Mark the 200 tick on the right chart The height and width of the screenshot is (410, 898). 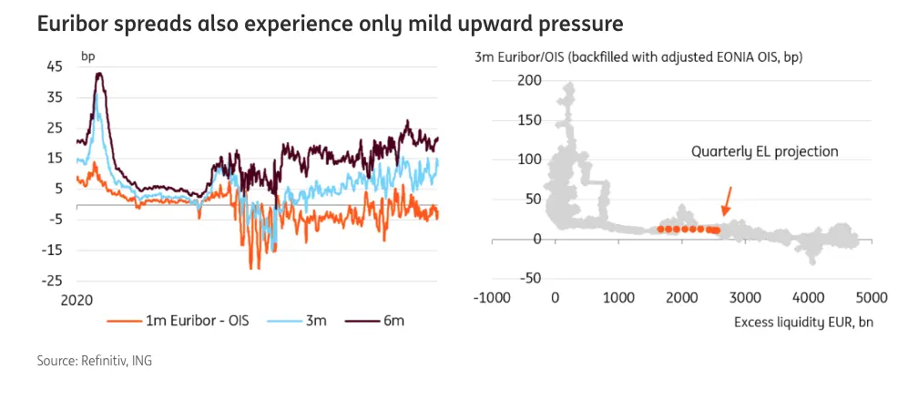pyautogui.click(x=530, y=81)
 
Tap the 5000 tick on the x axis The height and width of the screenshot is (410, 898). pyautogui.click(x=871, y=297)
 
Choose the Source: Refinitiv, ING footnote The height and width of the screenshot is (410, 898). pyautogui.click(x=95, y=361)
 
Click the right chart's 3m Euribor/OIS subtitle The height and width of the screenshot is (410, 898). pyautogui.click(x=644, y=56)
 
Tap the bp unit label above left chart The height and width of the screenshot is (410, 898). pyautogui.click(x=88, y=56)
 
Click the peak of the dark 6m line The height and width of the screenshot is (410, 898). pyautogui.click(x=99, y=74)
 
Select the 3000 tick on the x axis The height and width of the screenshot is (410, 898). pyautogui.click(x=744, y=297)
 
